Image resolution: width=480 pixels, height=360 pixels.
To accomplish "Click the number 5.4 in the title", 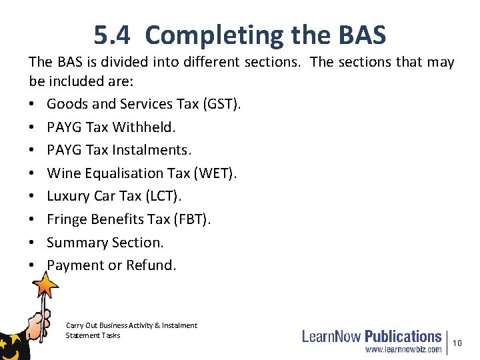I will coord(113,35).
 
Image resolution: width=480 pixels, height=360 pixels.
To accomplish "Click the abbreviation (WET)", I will coord(215,173).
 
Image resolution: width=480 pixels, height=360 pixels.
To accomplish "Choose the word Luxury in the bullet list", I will coord(68,197).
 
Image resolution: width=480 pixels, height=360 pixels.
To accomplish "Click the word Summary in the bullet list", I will coord(75,243).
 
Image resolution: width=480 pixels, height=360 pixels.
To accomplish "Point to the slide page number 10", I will coord(457,343).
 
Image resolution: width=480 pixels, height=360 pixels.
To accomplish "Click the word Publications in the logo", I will coord(403,337).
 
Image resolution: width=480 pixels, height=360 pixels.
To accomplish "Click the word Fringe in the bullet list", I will coord(67,219).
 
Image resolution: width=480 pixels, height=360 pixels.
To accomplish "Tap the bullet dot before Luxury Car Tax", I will coord(32,197).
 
